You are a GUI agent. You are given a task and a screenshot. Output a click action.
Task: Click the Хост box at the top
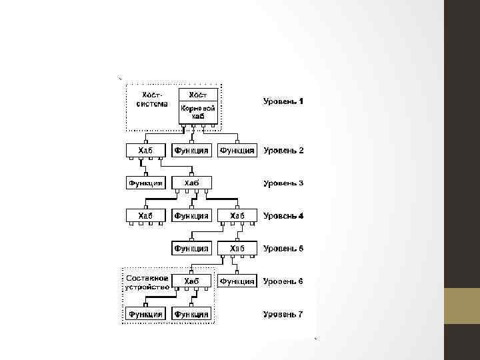(198, 95)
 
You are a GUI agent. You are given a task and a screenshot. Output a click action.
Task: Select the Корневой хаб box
(198, 111)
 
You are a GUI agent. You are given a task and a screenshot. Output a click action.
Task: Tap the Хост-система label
(151, 99)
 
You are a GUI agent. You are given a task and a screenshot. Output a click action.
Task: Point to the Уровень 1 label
(283, 102)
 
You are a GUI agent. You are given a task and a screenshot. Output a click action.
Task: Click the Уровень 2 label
(283, 151)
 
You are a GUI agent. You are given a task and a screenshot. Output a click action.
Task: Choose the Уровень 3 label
(283, 183)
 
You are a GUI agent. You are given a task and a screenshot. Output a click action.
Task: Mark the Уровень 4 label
(283, 216)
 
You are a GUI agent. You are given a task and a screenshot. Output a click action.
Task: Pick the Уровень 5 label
(283, 249)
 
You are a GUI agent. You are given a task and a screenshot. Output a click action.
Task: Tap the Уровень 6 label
(283, 281)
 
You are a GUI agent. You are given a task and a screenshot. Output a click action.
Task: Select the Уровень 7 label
(283, 314)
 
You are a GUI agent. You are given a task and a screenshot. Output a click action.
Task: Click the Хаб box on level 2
(145, 151)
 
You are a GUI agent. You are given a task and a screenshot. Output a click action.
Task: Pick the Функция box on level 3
(145, 183)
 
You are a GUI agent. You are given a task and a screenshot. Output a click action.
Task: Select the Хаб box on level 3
(192, 183)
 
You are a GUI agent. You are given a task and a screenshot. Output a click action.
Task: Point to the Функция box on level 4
(192, 216)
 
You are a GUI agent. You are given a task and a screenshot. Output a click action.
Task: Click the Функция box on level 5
(192, 249)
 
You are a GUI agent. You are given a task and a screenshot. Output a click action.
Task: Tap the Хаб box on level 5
(237, 249)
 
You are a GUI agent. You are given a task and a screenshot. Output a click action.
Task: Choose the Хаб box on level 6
(192, 281)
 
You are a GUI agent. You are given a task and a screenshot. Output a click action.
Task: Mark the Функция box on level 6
(237, 281)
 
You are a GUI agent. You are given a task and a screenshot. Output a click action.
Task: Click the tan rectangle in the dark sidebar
(461, 306)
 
